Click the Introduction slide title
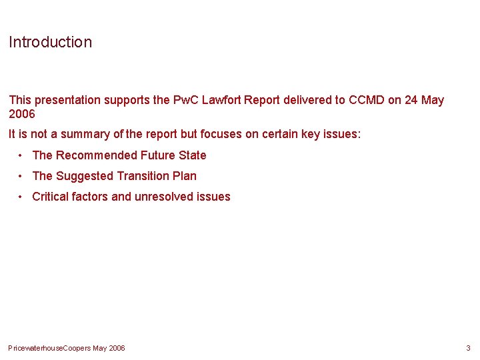point(50,42)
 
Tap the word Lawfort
point(220,100)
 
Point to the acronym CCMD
point(367,100)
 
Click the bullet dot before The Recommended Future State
point(22,155)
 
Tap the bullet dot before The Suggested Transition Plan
point(22,176)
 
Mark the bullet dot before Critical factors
point(22,197)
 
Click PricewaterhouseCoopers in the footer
point(49,348)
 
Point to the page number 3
point(468,348)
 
